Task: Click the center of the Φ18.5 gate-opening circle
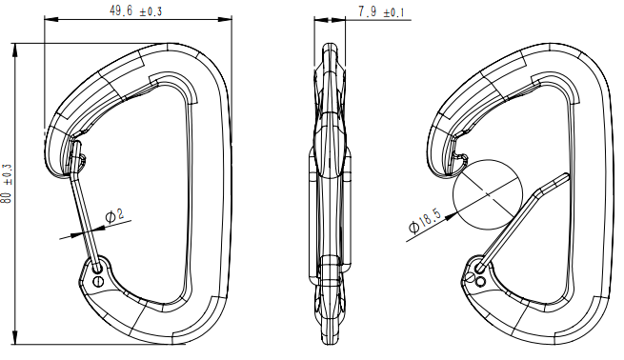488,191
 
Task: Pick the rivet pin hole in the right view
480,282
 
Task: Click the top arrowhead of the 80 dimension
15,47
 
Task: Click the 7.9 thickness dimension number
367,10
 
